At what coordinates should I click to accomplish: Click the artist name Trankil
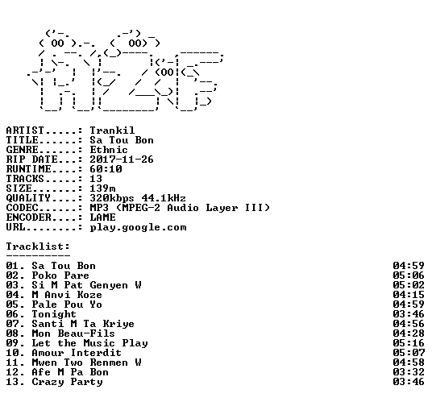(112, 130)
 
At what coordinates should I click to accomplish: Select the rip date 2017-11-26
(122, 159)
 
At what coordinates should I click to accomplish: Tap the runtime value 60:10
(106, 169)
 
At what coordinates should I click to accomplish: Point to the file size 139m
(102, 188)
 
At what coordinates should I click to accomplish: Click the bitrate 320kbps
(112, 198)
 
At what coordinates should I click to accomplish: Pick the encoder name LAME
(102, 217)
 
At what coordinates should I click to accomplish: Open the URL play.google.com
(138, 227)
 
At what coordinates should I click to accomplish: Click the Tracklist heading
(38, 246)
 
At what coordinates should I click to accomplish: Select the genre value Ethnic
(109, 150)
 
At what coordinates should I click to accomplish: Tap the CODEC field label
(22, 208)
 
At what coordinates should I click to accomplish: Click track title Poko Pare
(60, 275)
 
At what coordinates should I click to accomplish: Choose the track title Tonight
(54, 314)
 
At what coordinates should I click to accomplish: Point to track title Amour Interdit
(77, 353)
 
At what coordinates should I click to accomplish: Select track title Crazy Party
(67, 382)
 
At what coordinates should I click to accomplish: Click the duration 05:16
(409, 343)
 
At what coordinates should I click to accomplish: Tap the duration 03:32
(409, 372)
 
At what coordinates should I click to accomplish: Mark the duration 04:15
(409, 295)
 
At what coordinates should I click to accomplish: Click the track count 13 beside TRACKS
(96, 179)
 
